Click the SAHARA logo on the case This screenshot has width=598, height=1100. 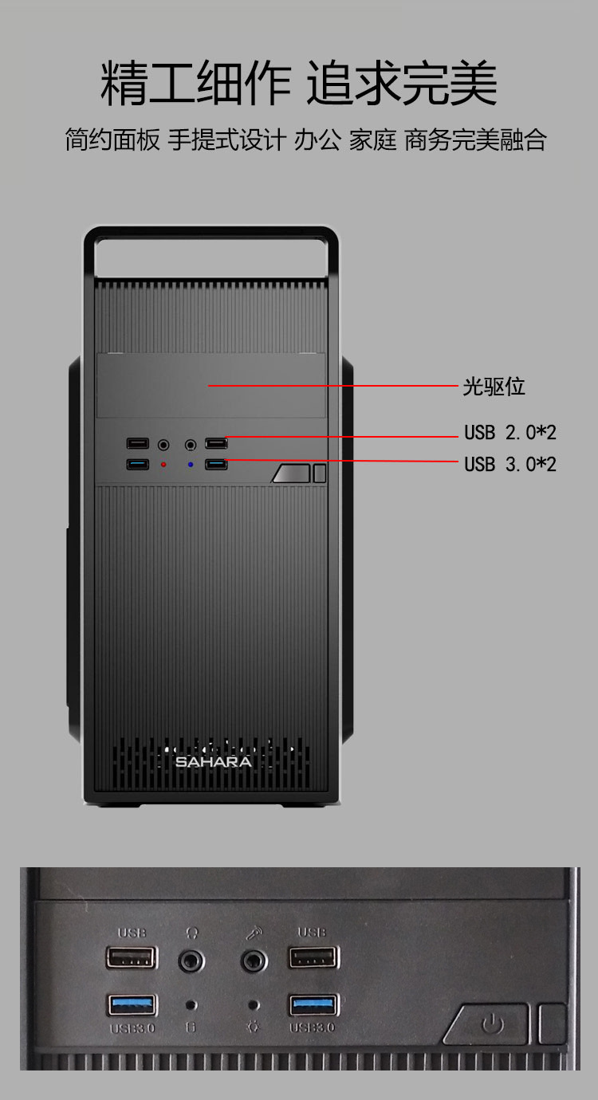[213, 762]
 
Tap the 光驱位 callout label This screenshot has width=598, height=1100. [494, 387]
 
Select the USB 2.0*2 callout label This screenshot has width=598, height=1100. [510, 433]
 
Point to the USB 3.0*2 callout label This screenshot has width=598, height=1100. [510, 464]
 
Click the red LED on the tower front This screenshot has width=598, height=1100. [163, 464]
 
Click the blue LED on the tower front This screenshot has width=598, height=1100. [190, 464]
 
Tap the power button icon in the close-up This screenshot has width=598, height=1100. [492, 1024]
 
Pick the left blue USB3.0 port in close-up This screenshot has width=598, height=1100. [132, 1004]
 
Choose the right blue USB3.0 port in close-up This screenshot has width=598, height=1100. [313, 1004]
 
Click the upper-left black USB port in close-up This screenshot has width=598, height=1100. [132, 957]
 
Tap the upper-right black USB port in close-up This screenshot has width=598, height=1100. [313, 957]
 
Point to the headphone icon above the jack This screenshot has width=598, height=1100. [192, 932]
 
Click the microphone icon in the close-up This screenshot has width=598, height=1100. [254, 932]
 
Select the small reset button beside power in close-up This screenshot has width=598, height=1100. [553, 1024]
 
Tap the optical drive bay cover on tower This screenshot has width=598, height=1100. [211, 386]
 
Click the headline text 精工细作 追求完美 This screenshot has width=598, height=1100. [299, 83]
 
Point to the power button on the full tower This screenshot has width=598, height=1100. [291, 473]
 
